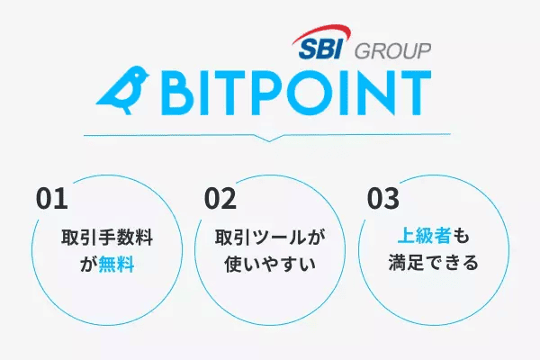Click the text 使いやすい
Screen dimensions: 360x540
pos(270,266)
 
